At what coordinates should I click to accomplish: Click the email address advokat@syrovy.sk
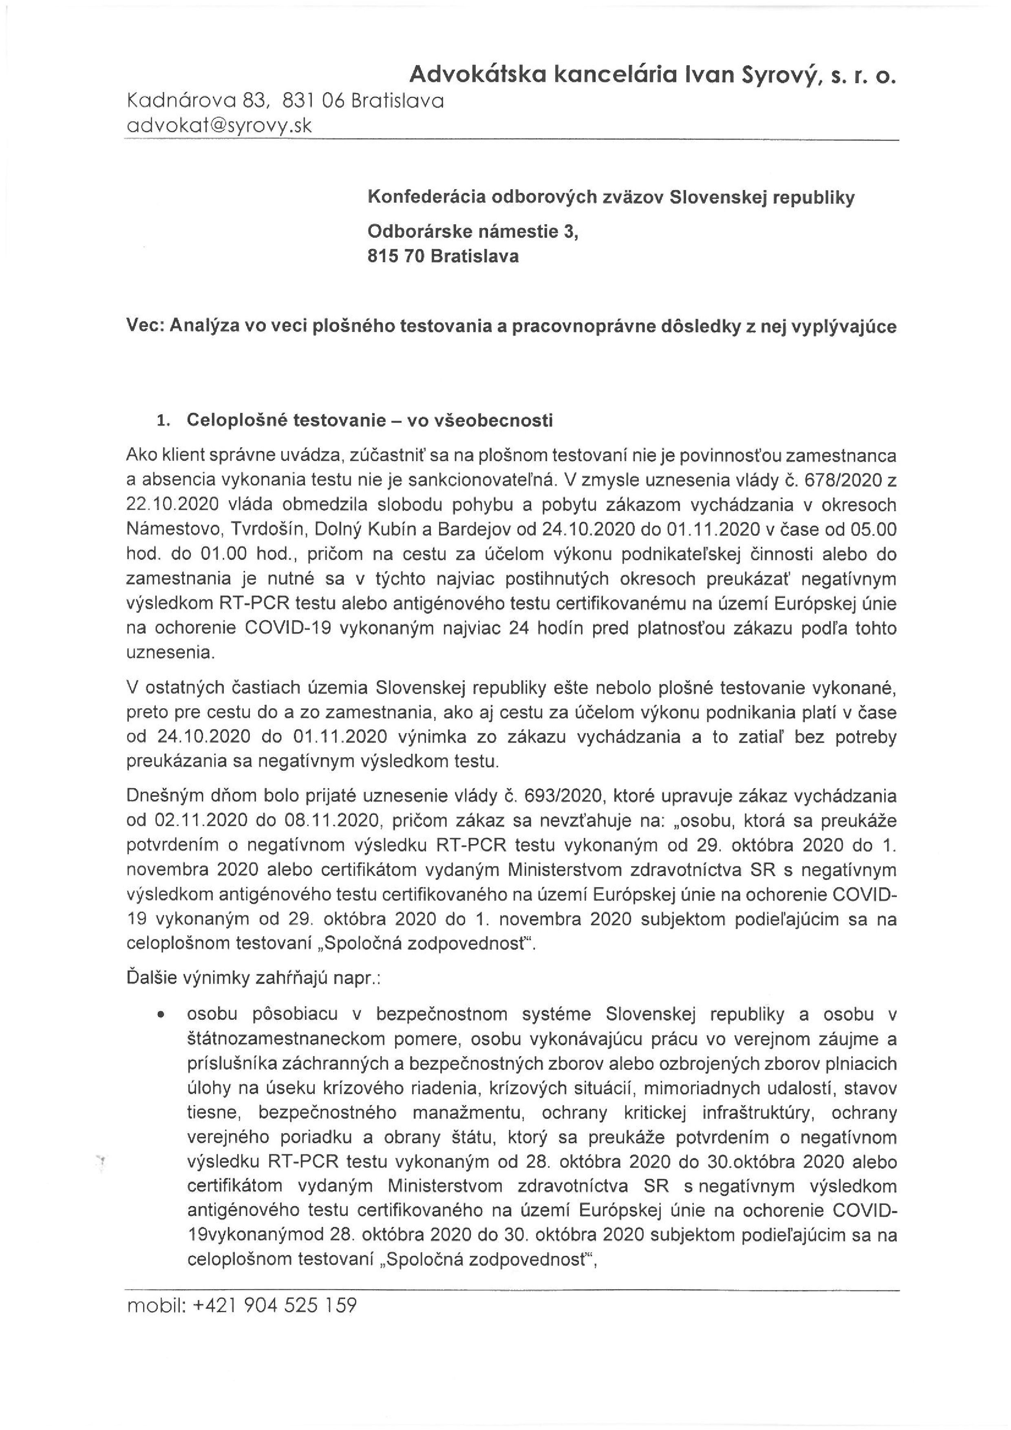click(219, 126)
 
